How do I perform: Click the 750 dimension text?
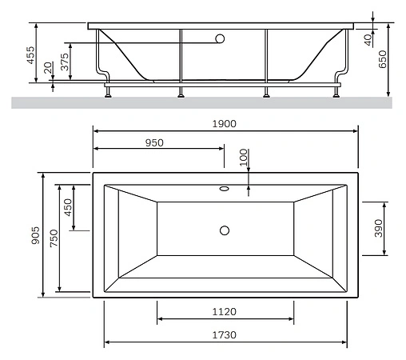click(x=54, y=238)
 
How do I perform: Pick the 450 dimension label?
click(x=69, y=207)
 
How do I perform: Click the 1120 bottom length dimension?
click(x=225, y=312)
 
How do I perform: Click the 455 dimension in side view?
click(x=30, y=54)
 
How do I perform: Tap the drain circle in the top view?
click(x=225, y=231)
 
